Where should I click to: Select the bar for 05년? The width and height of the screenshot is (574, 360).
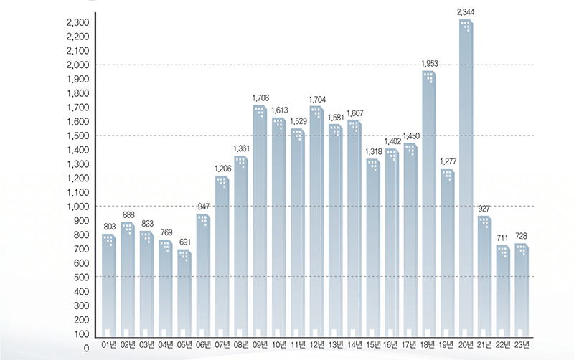point(184,294)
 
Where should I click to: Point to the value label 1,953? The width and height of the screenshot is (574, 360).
point(429,65)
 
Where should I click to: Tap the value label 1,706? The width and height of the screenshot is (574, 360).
point(260,98)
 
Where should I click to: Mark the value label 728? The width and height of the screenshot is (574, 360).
point(522,236)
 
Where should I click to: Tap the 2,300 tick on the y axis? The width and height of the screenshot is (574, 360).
point(77,23)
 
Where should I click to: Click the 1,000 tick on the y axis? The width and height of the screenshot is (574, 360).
point(77,207)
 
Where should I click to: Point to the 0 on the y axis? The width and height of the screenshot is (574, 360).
point(85,348)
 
